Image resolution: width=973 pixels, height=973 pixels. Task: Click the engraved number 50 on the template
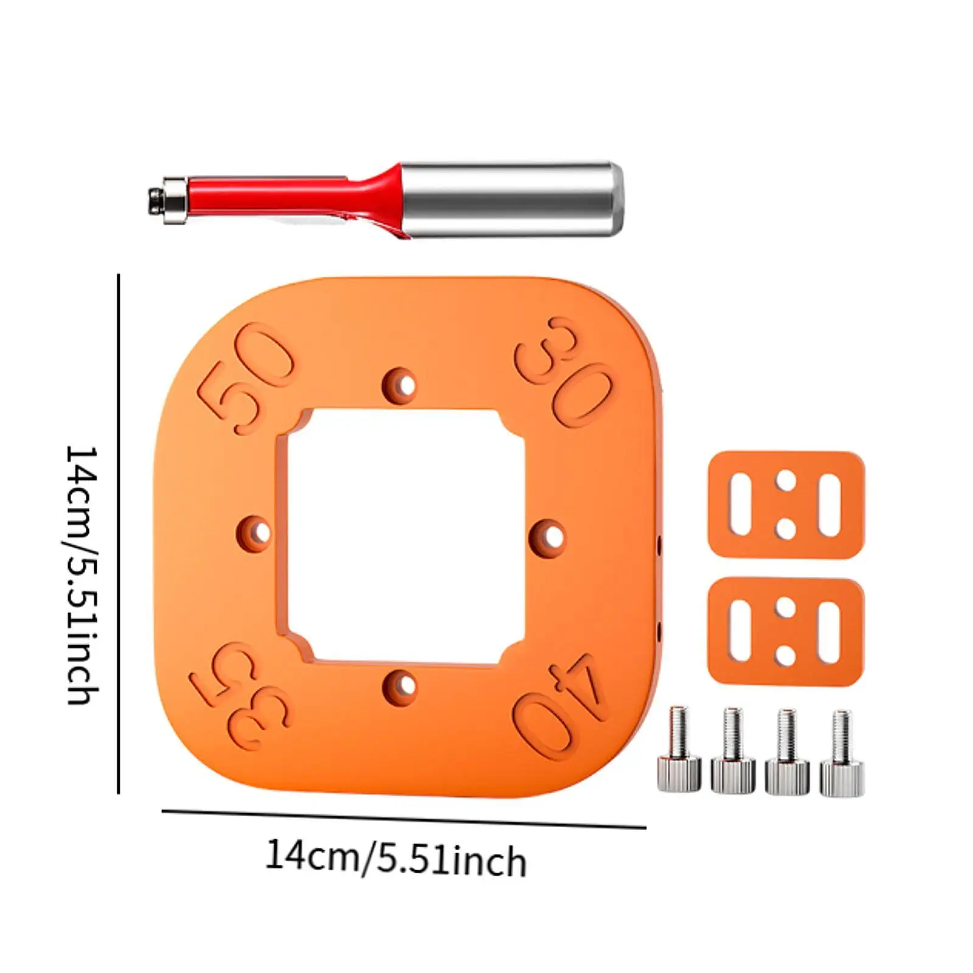246,378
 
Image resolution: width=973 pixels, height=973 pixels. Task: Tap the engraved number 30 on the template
563,371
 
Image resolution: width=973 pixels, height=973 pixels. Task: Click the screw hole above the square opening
401,385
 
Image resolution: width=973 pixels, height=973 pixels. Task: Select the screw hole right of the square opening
549,535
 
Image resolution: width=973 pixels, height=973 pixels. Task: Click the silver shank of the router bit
511,199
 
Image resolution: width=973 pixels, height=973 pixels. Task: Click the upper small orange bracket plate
786,505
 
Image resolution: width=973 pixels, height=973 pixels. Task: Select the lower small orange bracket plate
786,632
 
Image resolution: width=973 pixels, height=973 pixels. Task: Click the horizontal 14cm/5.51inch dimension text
395,857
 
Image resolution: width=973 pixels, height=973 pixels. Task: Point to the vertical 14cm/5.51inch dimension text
82,575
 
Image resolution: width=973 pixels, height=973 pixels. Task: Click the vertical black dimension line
119,535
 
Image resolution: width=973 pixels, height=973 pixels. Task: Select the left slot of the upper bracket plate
740,505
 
